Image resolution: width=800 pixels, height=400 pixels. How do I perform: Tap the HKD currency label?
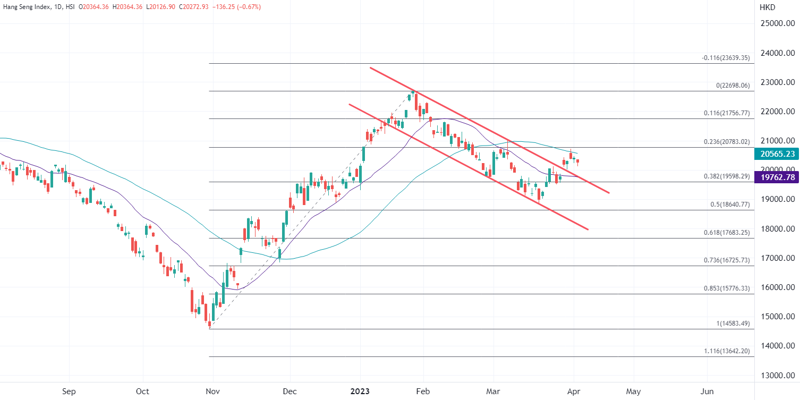click(x=768, y=7)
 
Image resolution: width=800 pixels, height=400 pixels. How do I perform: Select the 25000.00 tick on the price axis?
click(x=777, y=24)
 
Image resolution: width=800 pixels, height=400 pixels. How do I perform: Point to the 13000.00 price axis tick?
click(x=777, y=375)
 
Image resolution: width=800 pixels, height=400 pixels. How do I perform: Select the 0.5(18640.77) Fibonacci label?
click(x=729, y=204)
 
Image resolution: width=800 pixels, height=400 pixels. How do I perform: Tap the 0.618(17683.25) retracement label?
click(x=727, y=233)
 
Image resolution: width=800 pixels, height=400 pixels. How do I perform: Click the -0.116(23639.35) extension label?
click(x=726, y=58)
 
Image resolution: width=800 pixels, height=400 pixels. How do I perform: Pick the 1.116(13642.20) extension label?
click(x=727, y=351)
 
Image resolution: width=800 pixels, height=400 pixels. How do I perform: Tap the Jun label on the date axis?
click(x=708, y=392)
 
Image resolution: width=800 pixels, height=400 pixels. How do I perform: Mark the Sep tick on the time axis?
click(x=69, y=392)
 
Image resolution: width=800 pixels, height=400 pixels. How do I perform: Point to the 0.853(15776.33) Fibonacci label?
click(x=727, y=288)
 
